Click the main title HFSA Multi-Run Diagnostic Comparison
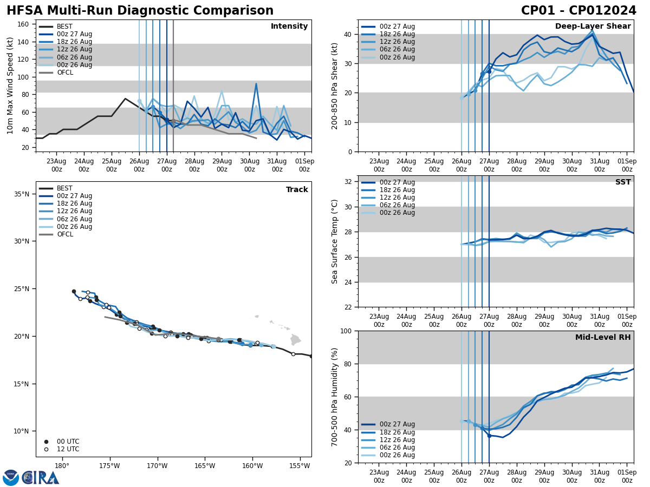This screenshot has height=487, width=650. [x=140, y=11]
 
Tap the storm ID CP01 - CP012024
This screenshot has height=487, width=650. [x=578, y=11]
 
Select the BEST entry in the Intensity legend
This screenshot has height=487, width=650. [x=64, y=27]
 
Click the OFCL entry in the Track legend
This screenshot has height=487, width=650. [x=64, y=234]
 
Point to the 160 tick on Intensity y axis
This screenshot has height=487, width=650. [x=24, y=24]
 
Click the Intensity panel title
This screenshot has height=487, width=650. [x=289, y=27]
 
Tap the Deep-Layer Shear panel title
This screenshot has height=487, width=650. [x=593, y=27]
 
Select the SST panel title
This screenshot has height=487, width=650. [x=623, y=182]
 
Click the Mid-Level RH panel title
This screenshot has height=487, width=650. [x=603, y=338]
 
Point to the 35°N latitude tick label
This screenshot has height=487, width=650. [x=21, y=194]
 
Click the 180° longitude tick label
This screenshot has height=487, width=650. [x=62, y=466]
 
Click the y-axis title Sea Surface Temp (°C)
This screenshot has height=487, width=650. [x=335, y=241]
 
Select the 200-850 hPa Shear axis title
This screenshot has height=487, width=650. [x=335, y=85]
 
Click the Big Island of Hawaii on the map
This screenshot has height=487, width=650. [x=295, y=340]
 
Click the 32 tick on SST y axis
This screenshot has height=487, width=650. [x=349, y=182]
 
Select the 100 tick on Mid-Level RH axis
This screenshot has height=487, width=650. [x=347, y=331]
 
